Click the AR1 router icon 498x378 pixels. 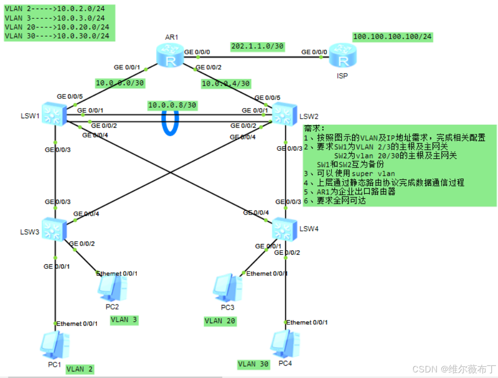[x=170, y=56]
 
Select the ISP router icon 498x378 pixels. [x=344, y=56]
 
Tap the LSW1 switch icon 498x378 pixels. [x=52, y=114]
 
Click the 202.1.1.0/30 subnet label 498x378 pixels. [x=257, y=46]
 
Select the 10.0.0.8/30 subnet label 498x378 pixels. [x=172, y=105]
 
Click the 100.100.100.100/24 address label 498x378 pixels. [x=393, y=37]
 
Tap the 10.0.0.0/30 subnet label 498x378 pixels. [x=120, y=83]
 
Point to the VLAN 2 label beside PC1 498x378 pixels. [x=80, y=369]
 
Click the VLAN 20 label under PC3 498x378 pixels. [x=220, y=321]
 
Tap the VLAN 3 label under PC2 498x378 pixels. [x=124, y=320]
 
